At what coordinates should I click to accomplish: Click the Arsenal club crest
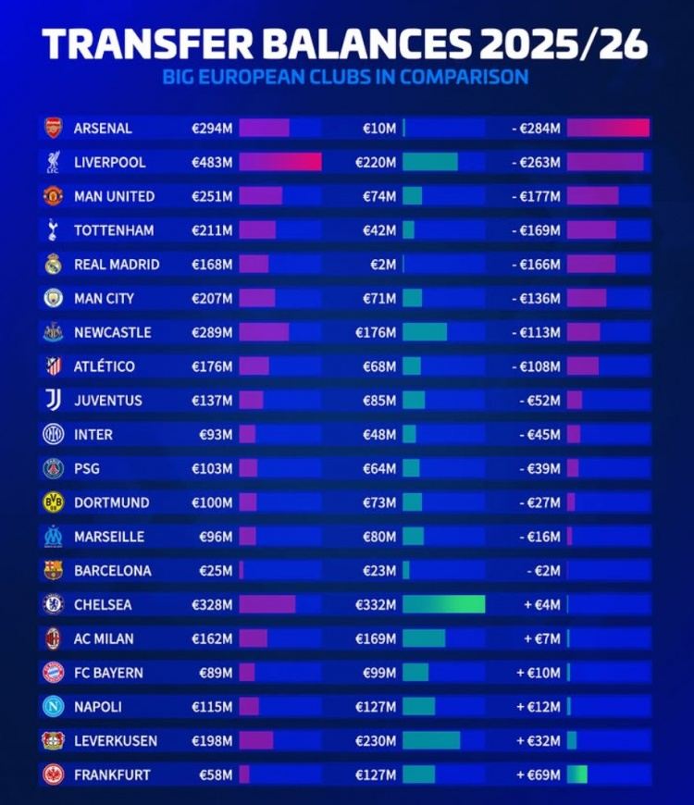(x=53, y=128)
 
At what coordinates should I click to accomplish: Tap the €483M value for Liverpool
(x=212, y=162)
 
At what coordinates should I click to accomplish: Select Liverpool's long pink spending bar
(x=280, y=162)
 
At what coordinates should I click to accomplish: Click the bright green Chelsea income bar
(x=443, y=604)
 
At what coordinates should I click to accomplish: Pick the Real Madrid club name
(x=117, y=264)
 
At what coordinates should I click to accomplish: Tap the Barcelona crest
(x=53, y=570)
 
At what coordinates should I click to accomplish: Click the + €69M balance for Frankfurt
(x=539, y=774)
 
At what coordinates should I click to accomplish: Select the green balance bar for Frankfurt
(x=577, y=774)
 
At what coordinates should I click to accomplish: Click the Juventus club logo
(x=53, y=400)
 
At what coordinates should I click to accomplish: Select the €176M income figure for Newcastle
(x=376, y=332)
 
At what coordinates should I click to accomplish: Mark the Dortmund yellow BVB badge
(x=53, y=502)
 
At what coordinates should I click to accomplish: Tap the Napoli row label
(x=98, y=706)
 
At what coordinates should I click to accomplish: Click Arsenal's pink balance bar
(x=608, y=128)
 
